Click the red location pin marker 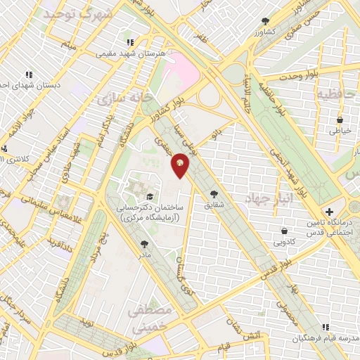[180, 166]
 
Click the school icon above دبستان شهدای [29, 74]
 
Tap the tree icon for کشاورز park [264, 21]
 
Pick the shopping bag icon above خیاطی [340, 120]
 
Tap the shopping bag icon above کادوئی [284, 231]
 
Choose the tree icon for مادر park [144, 244]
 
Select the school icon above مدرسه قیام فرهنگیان [325, 326]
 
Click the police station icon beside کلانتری [5, 148]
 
